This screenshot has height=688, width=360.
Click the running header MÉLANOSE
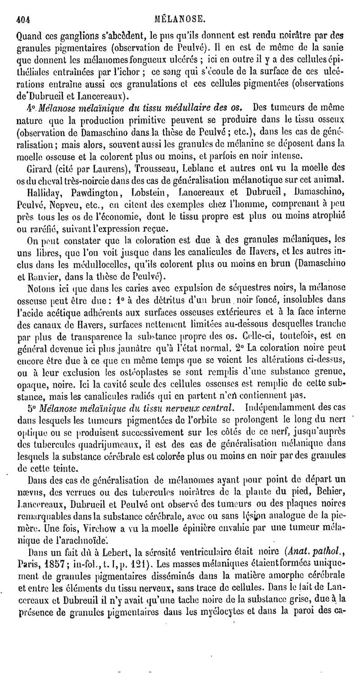[180, 19]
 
